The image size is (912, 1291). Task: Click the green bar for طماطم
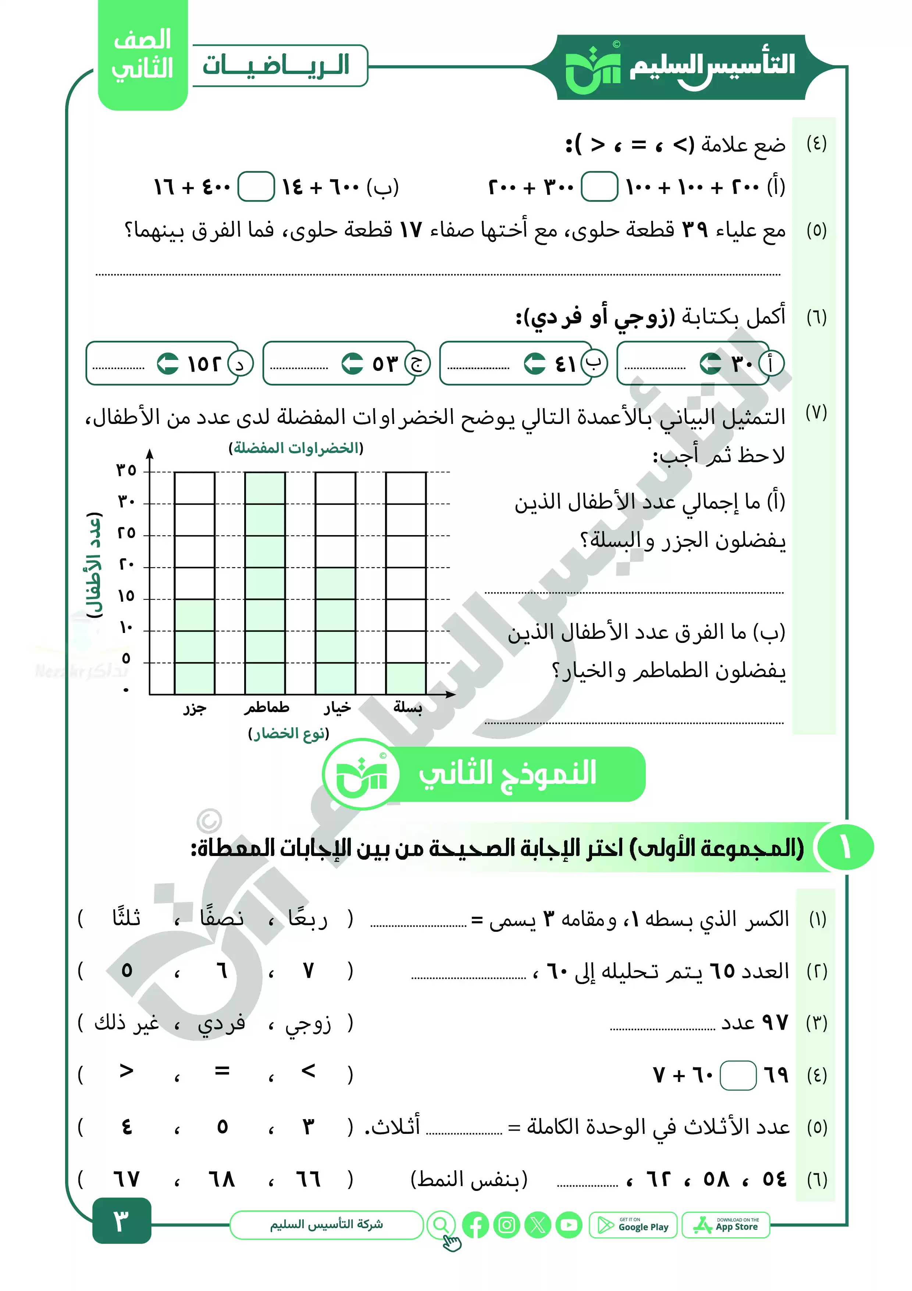pyautogui.click(x=265, y=583)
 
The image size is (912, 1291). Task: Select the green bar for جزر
pyautogui.click(x=195, y=647)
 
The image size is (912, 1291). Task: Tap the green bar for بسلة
pyautogui.click(x=406, y=679)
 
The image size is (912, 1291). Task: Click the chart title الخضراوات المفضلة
pyautogui.click(x=296, y=448)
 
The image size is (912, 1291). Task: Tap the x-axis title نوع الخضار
pyautogui.click(x=288, y=733)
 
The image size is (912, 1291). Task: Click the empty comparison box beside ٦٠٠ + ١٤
pyautogui.click(x=256, y=187)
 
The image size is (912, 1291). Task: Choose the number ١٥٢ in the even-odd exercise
pyautogui.click(x=204, y=364)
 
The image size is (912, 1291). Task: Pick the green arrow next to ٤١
pyautogui.click(x=534, y=363)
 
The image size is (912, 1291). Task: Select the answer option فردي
pyautogui.click(x=221, y=1023)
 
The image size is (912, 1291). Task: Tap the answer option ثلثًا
pyautogui.click(x=127, y=918)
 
